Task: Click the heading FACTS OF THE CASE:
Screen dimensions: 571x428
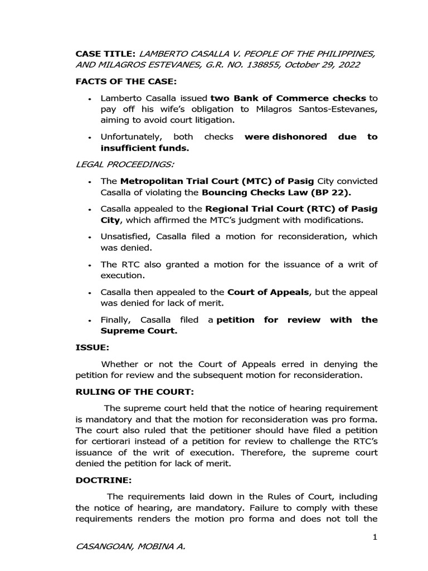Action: pyautogui.click(x=125, y=81)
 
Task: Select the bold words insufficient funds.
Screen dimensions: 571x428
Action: pyautogui.click(x=144, y=148)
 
